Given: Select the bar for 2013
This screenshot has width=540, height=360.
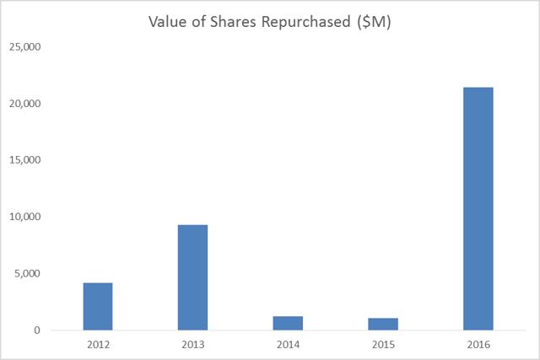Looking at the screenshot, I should (192, 277).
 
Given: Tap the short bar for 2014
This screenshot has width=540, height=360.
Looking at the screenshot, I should (288, 323).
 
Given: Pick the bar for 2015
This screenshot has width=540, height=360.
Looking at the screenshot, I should (383, 324).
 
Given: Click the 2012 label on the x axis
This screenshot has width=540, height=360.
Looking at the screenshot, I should (98, 344).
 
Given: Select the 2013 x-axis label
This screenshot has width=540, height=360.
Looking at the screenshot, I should (192, 344).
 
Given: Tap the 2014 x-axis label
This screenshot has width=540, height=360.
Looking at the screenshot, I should (288, 344).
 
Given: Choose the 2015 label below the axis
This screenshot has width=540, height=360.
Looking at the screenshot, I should (383, 344).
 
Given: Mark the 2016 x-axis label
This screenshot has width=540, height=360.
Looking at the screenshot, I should (478, 344).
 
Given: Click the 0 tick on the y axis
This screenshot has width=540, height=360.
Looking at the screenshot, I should (37, 330).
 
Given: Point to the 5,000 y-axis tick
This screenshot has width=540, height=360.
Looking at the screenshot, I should (28, 274).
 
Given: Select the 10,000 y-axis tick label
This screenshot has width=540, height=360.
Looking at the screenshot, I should (25, 217).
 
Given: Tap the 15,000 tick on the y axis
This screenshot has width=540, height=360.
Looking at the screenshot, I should (25, 160).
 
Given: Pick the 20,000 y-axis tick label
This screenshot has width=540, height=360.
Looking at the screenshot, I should (25, 104).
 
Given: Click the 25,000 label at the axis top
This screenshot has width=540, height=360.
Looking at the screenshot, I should (25, 47).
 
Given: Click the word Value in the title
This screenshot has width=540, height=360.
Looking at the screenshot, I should (170, 22).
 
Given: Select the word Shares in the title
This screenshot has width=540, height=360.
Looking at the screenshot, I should (233, 22).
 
